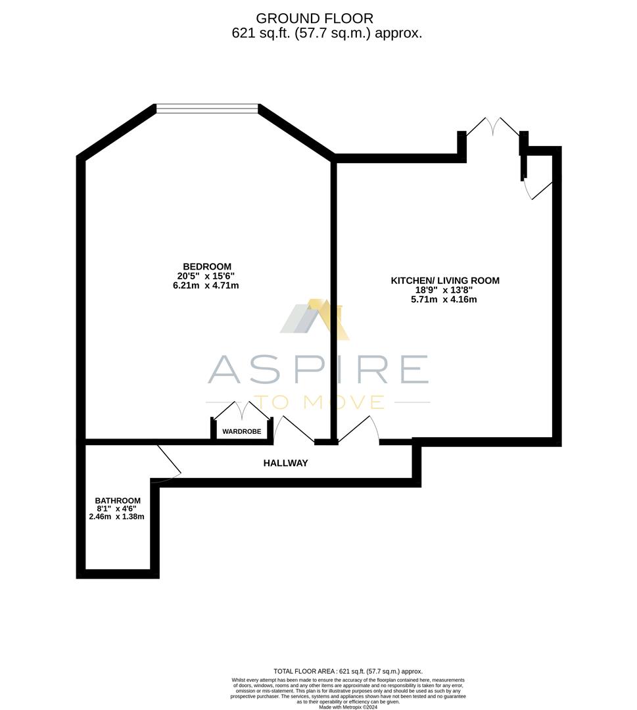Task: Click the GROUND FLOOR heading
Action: click(x=314, y=18)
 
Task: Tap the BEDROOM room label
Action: click(x=207, y=266)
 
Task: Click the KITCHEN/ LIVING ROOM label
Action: click(x=445, y=281)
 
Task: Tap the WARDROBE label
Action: click(x=241, y=432)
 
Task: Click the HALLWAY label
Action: click(x=285, y=463)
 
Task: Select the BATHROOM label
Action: click(x=118, y=500)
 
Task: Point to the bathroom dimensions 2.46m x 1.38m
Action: click(x=116, y=517)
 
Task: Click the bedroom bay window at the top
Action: click(x=207, y=108)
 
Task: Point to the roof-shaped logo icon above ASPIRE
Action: click(x=315, y=319)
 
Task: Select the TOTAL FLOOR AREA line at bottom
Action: click(x=348, y=671)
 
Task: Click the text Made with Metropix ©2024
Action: click(x=348, y=707)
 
